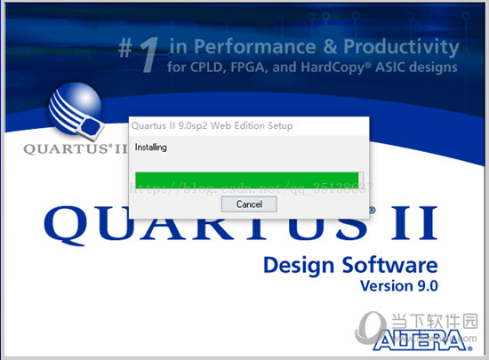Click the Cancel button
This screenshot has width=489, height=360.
pyautogui.click(x=249, y=204)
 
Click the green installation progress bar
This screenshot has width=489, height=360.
pyautogui.click(x=245, y=178)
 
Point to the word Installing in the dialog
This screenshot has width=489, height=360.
pyautogui.click(x=151, y=148)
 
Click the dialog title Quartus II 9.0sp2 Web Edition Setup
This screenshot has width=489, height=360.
pyautogui.click(x=212, y=126)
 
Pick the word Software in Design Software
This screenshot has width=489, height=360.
pyautogui.click(x=390, y=265)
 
